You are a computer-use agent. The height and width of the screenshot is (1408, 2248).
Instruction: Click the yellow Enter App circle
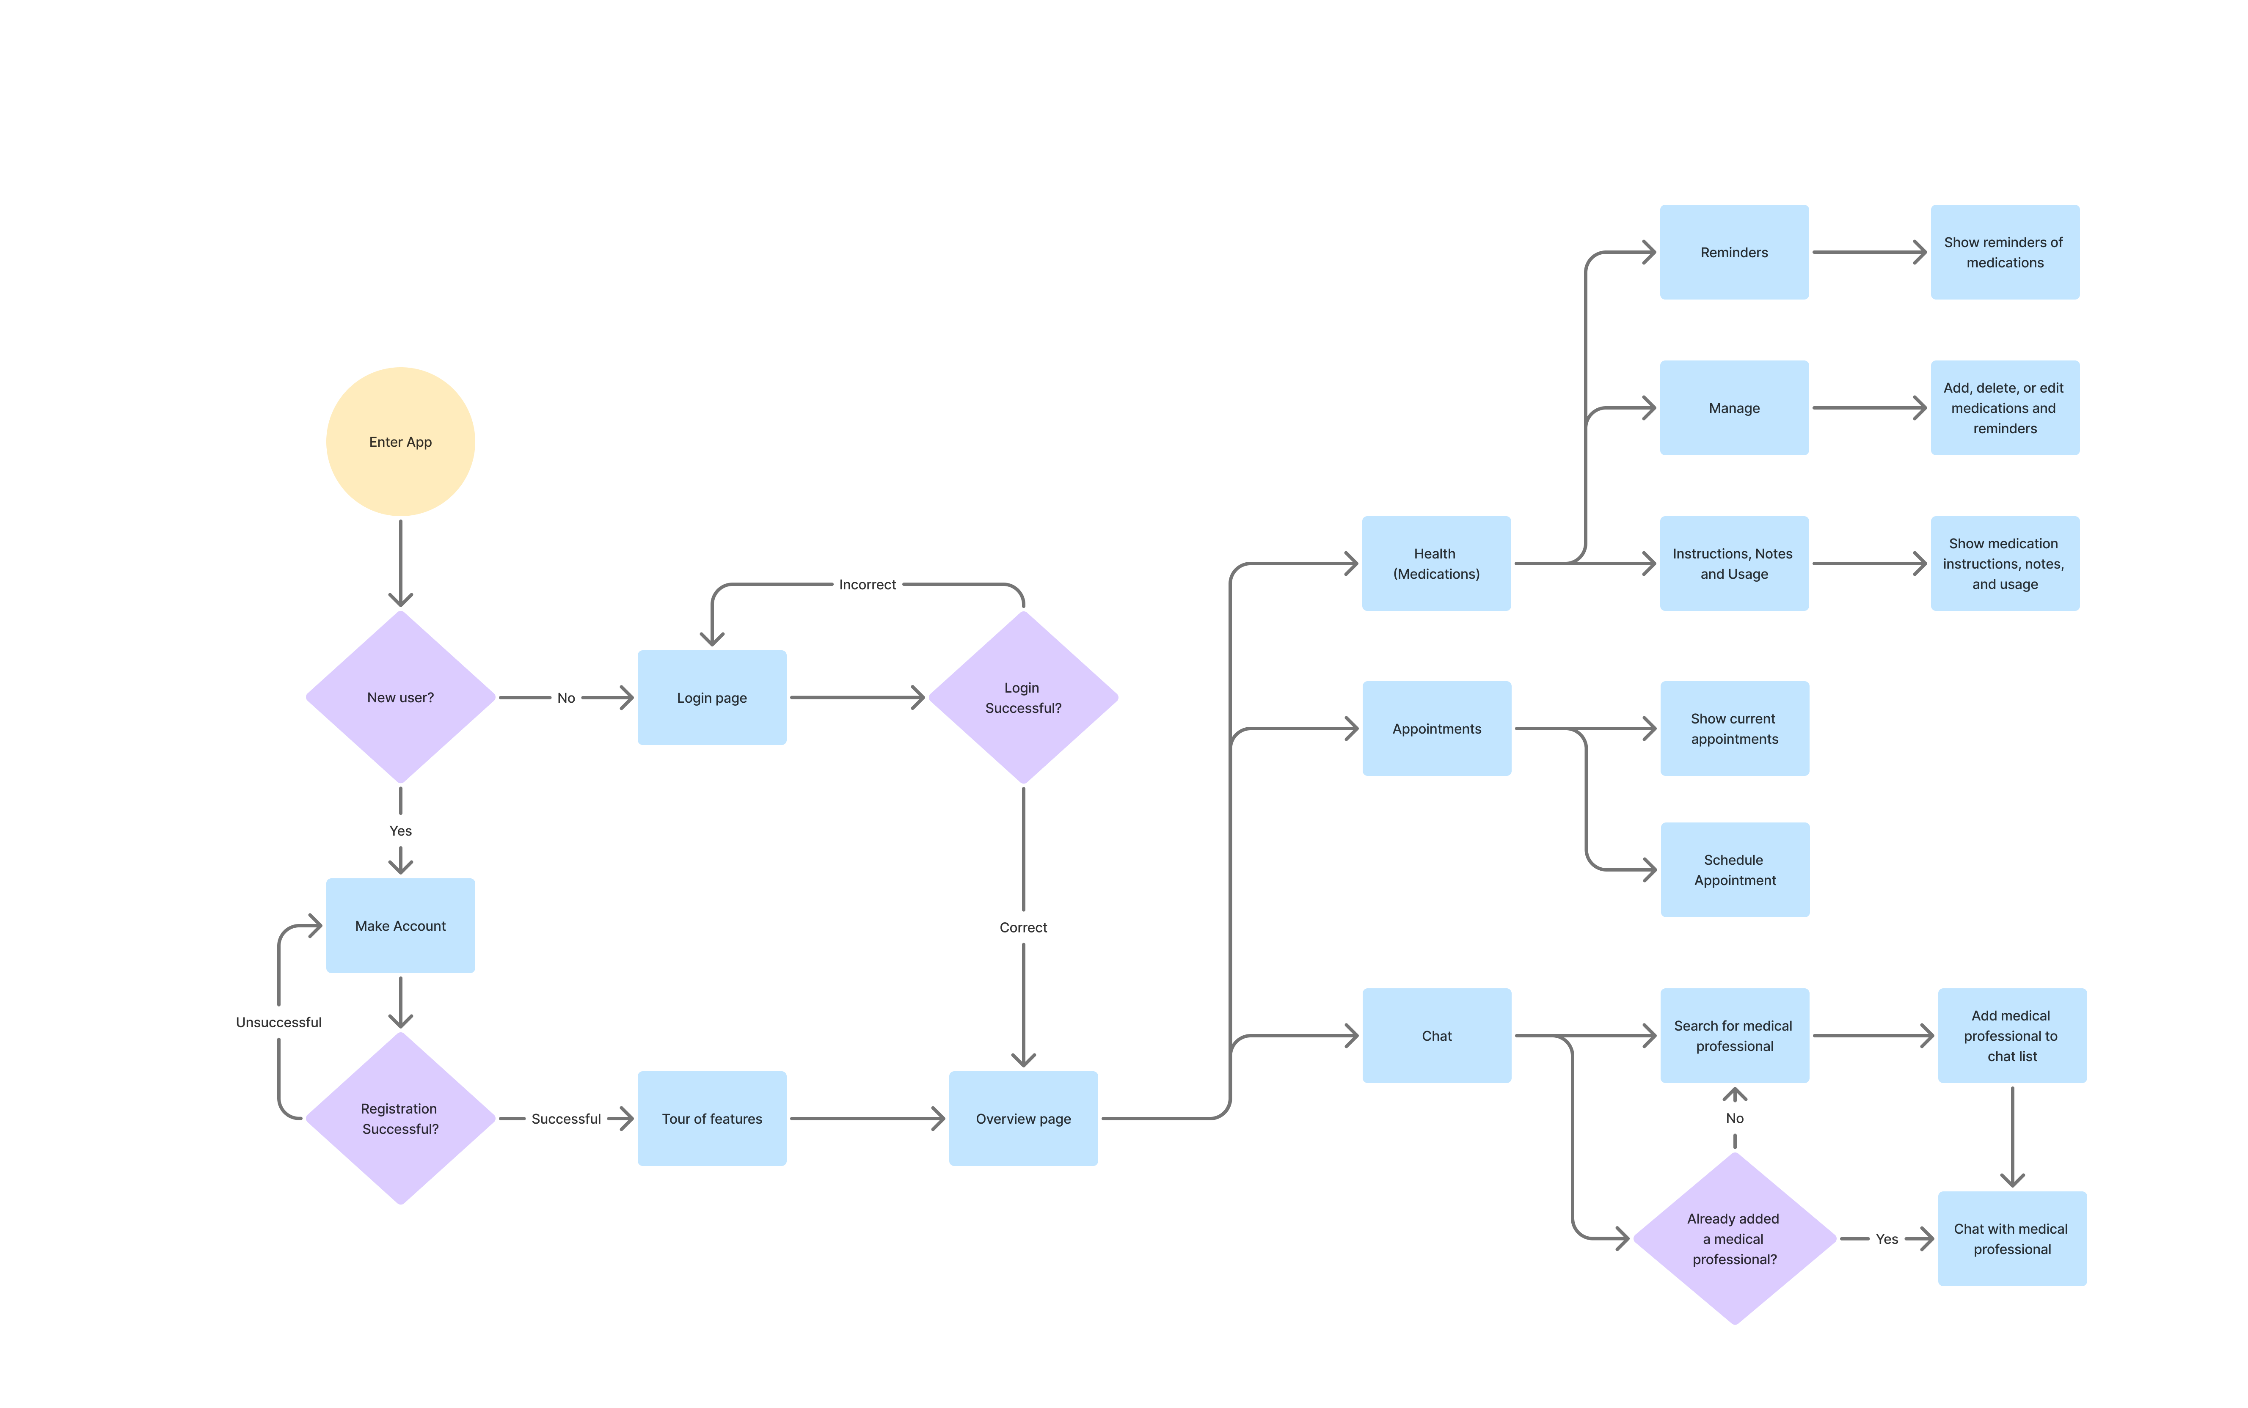pos(400,441)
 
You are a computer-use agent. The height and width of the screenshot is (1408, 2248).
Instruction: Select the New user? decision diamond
pos(400,698)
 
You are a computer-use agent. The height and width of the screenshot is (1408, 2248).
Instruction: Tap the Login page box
pos(711,698)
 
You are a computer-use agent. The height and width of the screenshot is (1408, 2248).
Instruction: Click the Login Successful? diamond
pos(1022,698)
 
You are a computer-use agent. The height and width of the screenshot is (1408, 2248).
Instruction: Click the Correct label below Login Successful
pos(1022,927)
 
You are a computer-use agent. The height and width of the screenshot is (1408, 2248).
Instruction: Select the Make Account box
pos(400,926)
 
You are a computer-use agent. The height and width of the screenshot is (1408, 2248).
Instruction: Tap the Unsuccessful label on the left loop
pos(278,1023)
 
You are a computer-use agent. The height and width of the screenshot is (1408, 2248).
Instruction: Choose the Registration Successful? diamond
pos(400,1118)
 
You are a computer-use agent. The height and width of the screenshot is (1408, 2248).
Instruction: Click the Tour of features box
pos(711,1118)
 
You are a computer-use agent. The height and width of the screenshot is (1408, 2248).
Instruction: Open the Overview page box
pos(1022,1118)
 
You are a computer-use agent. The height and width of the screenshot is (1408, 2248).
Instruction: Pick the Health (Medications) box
pos(1436,564)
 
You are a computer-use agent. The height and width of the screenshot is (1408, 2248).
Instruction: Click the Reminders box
pos(1734,252)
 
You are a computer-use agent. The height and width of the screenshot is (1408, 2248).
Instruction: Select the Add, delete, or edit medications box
pos(2004,408)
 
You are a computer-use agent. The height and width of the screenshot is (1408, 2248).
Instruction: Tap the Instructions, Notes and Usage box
pos(1734,564)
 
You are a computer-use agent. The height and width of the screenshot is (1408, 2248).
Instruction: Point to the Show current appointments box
pos(1734,728)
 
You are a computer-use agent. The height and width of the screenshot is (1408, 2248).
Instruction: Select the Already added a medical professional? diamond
pos(1734,1238)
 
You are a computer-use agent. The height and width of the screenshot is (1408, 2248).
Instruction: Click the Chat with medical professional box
pos(2011,1238)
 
